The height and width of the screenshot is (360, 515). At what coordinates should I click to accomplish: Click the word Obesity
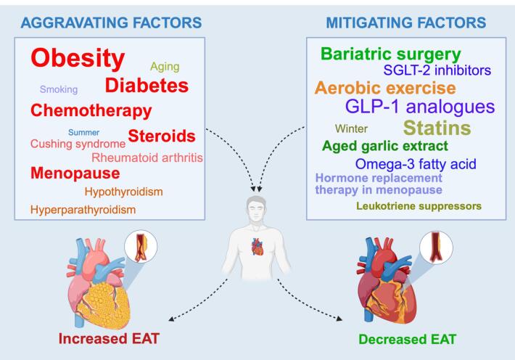78,58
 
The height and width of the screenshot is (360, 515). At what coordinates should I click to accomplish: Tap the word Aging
165,67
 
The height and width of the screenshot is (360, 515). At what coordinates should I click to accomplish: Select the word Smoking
59,90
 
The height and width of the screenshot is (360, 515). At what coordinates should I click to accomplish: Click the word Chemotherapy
91,112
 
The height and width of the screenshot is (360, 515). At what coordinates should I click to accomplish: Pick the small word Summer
84,132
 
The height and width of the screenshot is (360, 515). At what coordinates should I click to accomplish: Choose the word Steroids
162,136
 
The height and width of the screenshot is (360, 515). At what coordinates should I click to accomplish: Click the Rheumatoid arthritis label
147,157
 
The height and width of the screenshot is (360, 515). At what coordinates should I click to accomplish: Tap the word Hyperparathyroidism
83,210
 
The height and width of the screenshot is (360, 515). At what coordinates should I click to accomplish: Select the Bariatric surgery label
390,54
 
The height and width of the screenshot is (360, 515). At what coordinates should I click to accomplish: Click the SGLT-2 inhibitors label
437,70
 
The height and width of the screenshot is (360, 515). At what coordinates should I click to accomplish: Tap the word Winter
351,128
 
